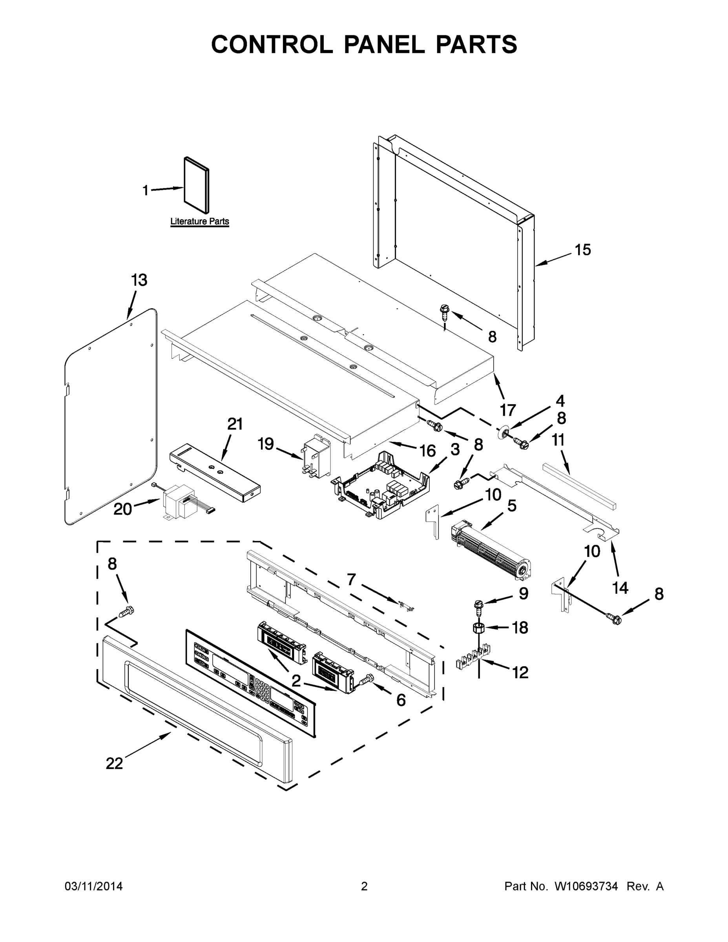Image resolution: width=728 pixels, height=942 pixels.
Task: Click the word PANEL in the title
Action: pos(384,44)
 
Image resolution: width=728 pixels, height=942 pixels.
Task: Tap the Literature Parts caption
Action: pos(200,222)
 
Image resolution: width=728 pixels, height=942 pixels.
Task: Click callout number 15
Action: pos(583,250)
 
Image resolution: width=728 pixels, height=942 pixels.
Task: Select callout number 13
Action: pos(139,280)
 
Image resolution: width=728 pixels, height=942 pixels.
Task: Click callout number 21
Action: pos(235,424)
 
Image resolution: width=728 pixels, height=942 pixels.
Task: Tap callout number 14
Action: pos(620,588)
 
